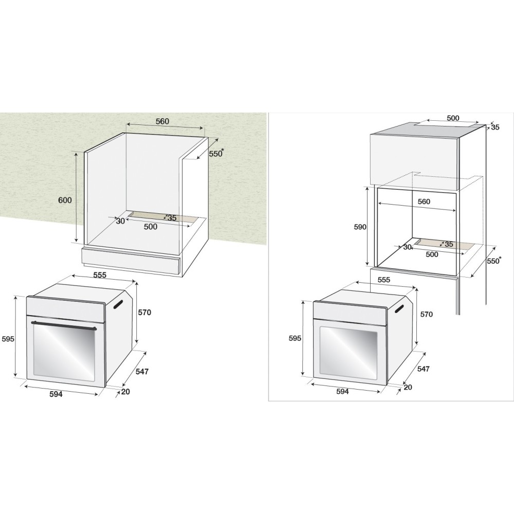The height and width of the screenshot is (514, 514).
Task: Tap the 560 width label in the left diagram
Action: coord(162,121)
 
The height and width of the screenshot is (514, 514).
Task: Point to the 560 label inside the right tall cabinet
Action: coord(424,202)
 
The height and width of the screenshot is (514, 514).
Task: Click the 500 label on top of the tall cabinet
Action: coord(453,118)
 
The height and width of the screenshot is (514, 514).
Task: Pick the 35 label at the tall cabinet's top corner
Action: coord(495,127)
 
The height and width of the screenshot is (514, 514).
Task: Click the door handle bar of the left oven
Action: coord(65,325)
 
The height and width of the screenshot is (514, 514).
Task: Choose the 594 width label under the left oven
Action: coord(56,394)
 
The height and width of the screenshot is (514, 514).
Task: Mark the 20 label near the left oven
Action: coord(125,392)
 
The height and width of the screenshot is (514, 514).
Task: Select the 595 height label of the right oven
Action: coord(295,338)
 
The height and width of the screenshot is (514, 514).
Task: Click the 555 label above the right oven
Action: coord(383,280)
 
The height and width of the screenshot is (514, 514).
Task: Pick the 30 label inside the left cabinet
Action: coord(121,221)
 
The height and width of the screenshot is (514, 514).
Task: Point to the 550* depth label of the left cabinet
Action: coord(216,153)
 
